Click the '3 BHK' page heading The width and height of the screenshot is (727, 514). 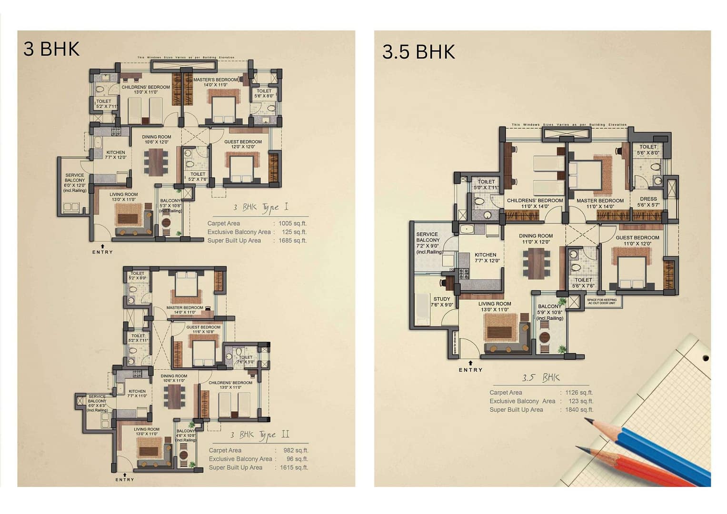[x=51, y=49]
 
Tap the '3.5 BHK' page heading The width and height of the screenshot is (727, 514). [x=418, y=52]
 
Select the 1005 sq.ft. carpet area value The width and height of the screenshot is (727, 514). [x=292, y=223]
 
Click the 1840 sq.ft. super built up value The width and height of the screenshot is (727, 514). [x=579, y=410]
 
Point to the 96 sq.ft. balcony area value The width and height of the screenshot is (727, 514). [x=297, y=459]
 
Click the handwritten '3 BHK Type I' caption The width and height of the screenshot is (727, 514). [x=260, y=208]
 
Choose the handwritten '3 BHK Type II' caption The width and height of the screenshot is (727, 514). [x=259, y=435]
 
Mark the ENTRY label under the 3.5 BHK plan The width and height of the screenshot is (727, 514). [x=470, y=370]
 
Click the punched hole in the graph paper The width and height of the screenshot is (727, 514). [x=706, y=358]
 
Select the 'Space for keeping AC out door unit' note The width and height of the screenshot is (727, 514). [x=602, y=301]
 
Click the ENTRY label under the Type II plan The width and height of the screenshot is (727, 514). [x=125, y=479]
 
